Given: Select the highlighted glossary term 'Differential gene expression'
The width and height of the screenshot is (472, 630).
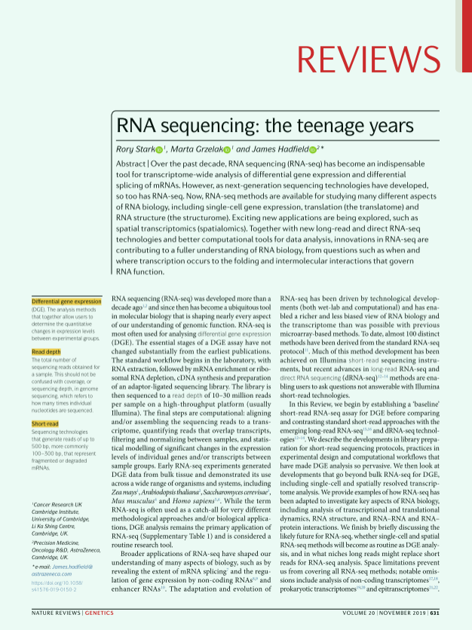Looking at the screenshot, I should click(x=66, y=301).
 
